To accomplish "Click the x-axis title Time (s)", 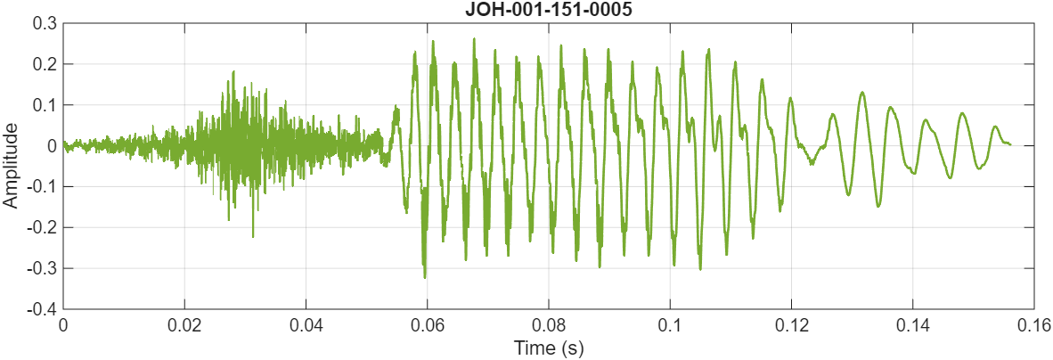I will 548,348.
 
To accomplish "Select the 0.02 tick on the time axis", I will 184,325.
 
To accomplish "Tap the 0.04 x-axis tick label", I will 306,325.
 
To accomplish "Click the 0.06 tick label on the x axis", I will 427,325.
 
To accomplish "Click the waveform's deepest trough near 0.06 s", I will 424,278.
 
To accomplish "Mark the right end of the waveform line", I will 1010,144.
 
